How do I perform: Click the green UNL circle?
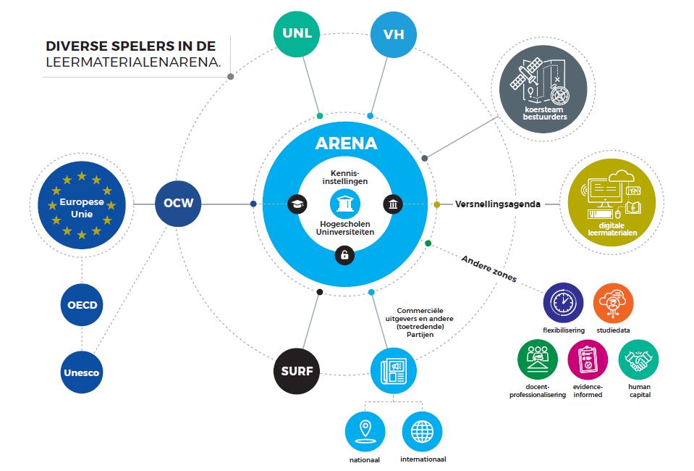[x=297, y=34]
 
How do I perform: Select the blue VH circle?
[x=394, y=34]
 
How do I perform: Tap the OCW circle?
[x=178, y=203]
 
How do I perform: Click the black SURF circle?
[x=297, y=372]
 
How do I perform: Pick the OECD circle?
[x=82, y=304]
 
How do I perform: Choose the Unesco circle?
[x=82, y=372]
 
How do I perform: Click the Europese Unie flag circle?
[x=81, y=204]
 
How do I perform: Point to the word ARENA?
[x=346, y=143]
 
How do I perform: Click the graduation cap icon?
[x=297, y=204]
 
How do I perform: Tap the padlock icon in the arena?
[x=345, y=254]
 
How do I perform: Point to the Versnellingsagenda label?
[x=498, y=204]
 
